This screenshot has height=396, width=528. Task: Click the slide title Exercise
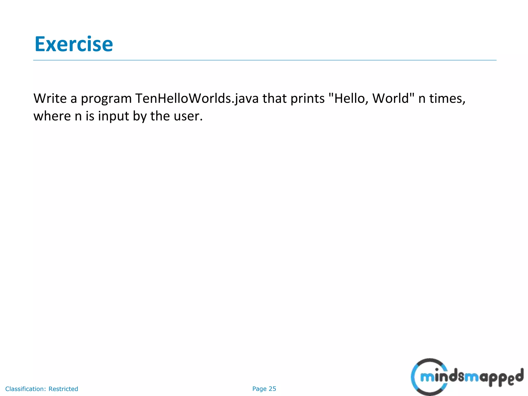(x=74, y=44)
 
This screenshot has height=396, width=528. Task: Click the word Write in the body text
(x=50, y=98)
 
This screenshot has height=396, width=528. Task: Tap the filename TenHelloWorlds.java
(x=197, y=99)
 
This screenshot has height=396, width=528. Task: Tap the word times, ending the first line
(x=447, y=99)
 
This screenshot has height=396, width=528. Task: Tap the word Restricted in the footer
(x=63, y=389)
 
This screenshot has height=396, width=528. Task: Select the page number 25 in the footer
(x=272, y=389)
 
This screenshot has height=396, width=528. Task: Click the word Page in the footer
(x=259, y=389)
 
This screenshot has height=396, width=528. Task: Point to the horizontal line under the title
(x=265, y=60)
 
